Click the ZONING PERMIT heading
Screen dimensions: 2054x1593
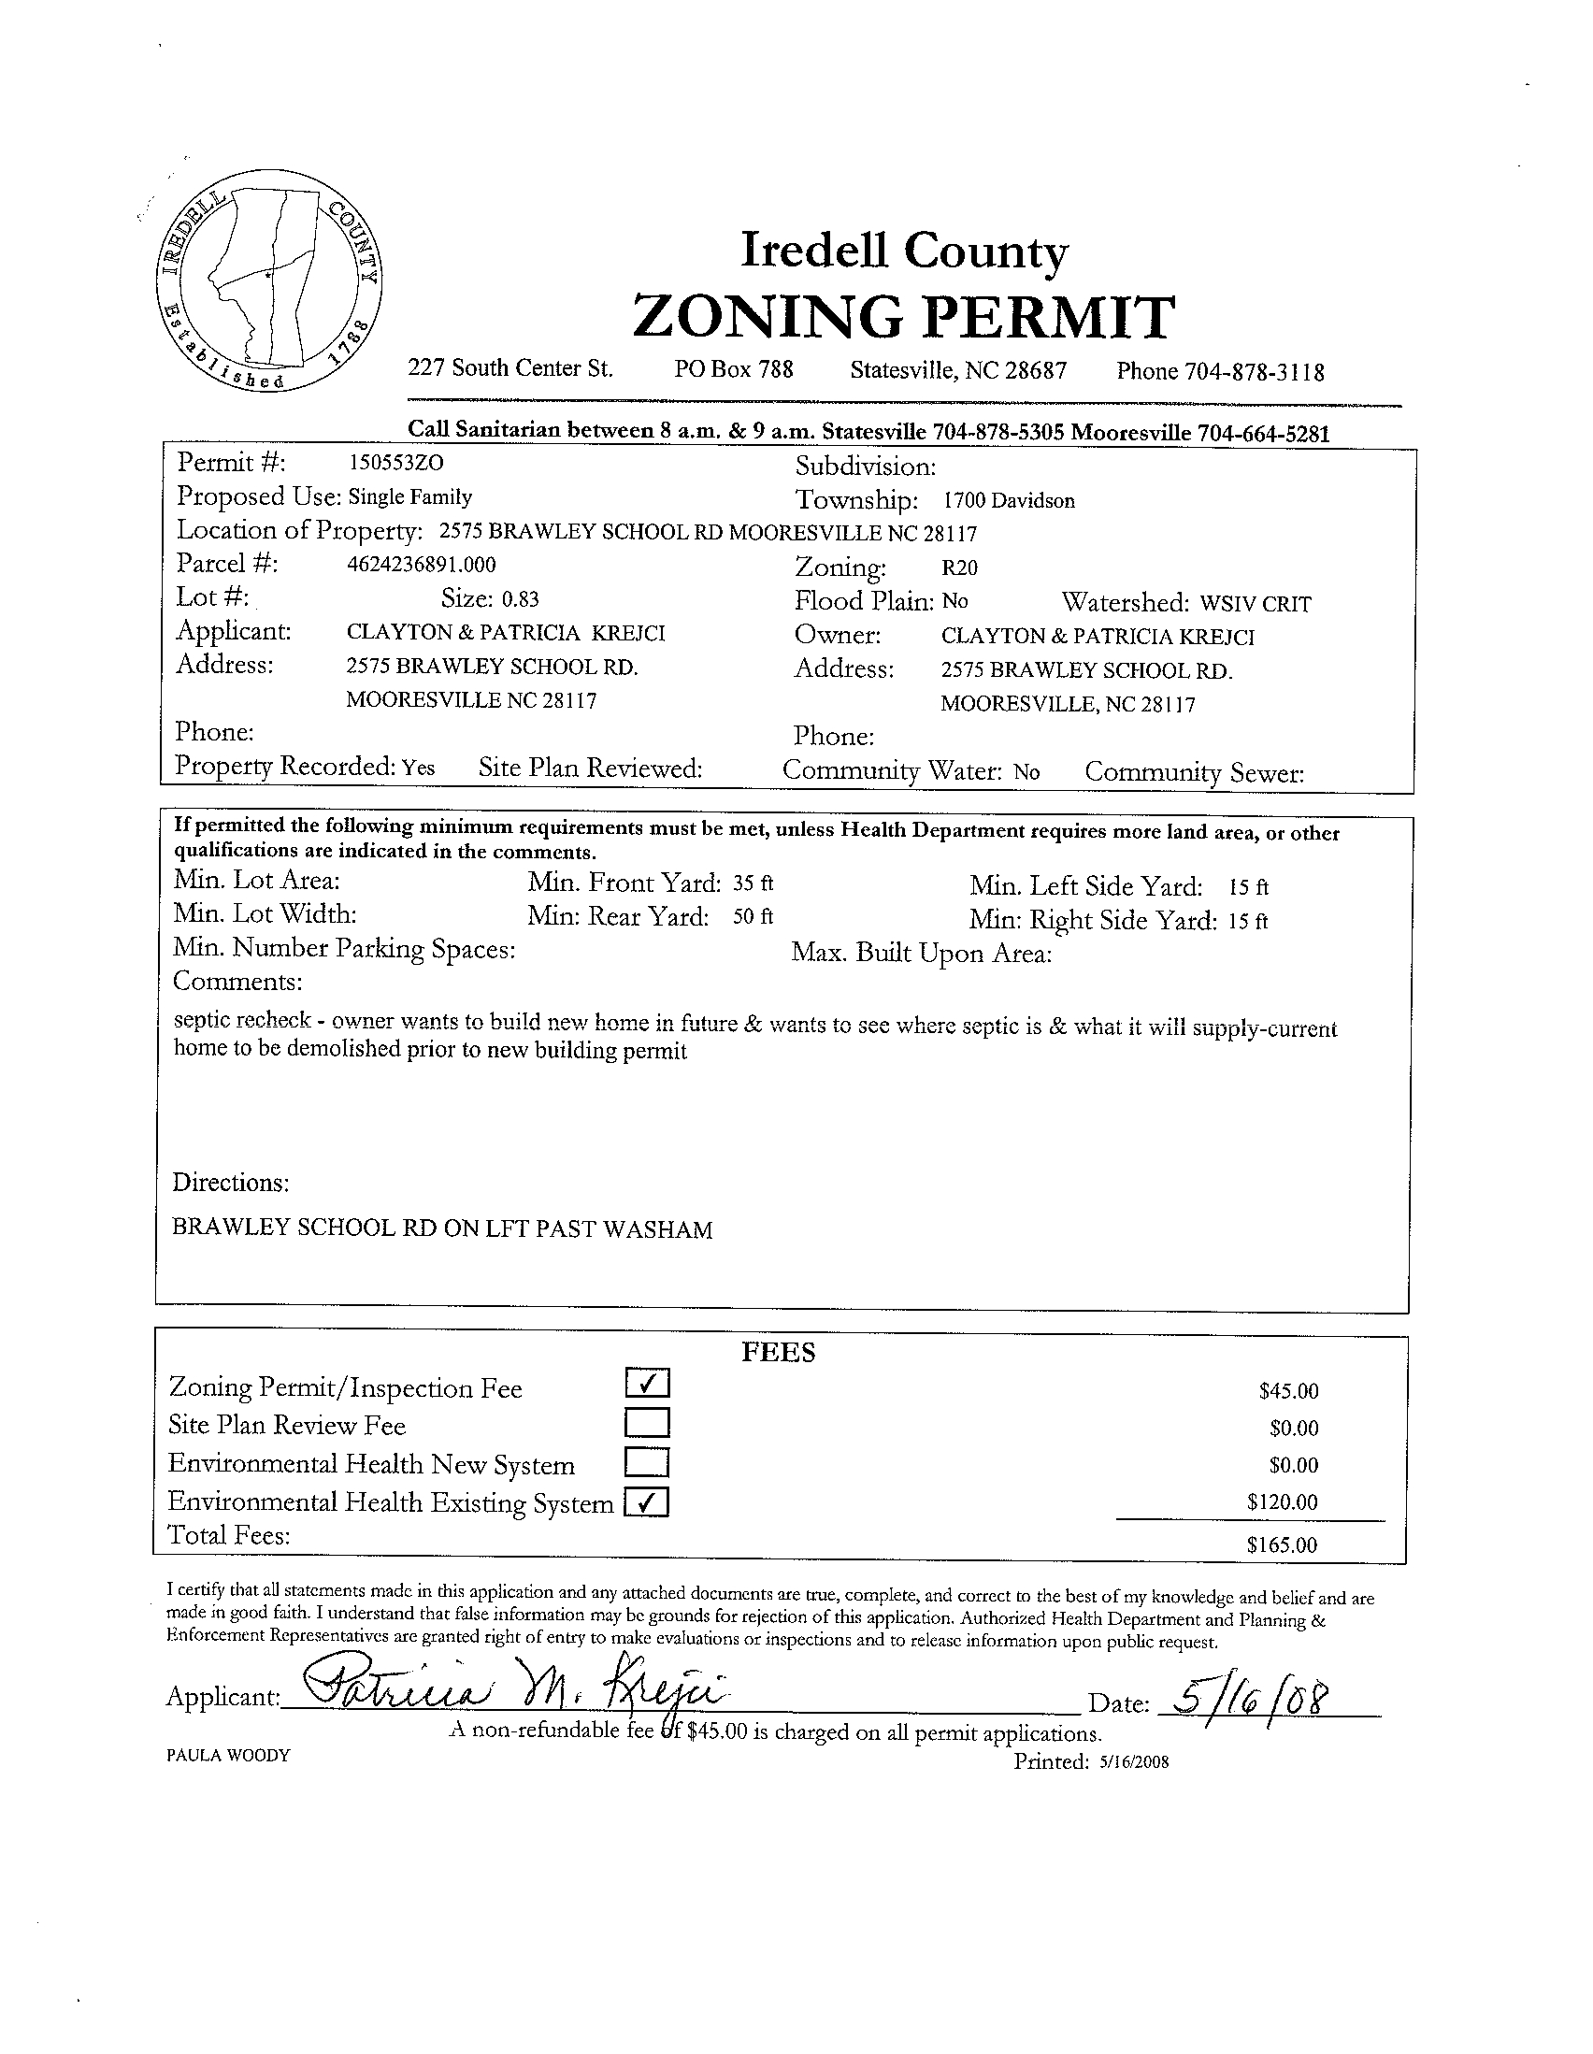coord(904,316)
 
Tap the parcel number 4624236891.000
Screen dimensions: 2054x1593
coord(422,565)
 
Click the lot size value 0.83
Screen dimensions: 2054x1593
coord(520,599)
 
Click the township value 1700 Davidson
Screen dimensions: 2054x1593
coord(1009,501)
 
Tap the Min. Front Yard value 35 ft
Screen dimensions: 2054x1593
coord(753,883)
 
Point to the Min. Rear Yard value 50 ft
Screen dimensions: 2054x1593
coord(753,917)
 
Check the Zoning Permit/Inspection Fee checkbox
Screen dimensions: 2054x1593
coord(648,1383)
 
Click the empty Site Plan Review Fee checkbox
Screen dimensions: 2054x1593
coord(648,1422)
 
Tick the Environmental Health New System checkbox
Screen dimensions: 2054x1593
coord(648,1462)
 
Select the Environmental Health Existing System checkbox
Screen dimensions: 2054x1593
coord(648,1502)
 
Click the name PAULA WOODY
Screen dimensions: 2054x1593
coord(228,1755)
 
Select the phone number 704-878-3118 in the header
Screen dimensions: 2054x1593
coord(1254,372)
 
